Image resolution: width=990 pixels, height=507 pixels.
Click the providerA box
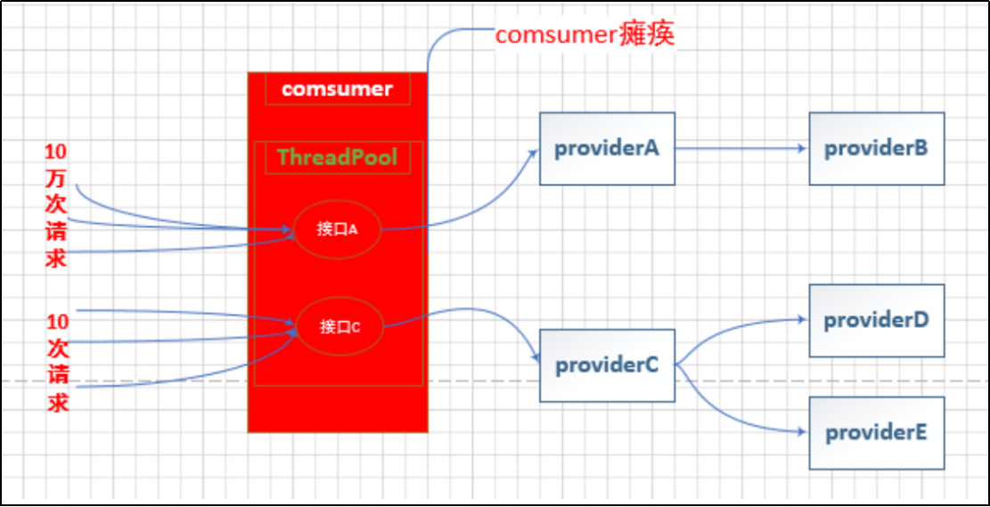pos(607,149)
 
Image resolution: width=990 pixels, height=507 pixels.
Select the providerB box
pos(876,149)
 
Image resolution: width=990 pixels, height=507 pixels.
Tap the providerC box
pos(607,365)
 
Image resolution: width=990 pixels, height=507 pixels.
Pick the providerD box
pos(876,320)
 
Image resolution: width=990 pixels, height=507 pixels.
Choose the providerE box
pos(876,433)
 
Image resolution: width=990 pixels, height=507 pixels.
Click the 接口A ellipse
pos(337,229)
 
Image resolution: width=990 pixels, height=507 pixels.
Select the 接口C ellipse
pos(339,327)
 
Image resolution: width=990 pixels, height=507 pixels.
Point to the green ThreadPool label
pos(337,158)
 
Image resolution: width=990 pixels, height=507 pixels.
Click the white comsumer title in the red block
pos(337,89)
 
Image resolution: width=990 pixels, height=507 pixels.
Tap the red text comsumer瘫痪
pos(585,35)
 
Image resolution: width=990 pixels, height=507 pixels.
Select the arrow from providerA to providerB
pos(740,149)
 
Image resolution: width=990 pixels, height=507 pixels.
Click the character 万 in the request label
pos(56,178)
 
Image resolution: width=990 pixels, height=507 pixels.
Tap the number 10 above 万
pos(56,151)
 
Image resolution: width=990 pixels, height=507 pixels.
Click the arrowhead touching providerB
pos(802,149)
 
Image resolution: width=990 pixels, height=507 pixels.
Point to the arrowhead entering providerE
pos(802,433)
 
